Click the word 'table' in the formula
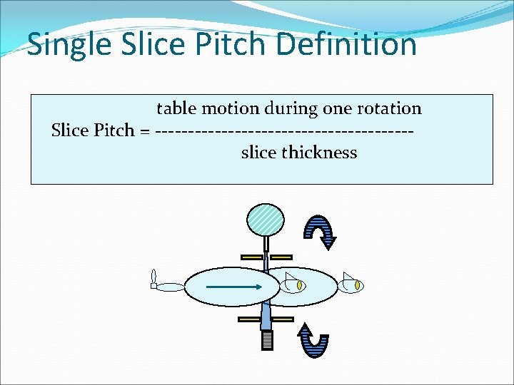click(176, 108)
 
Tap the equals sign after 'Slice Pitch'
click(145, 130)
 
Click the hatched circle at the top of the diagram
click(265, 219)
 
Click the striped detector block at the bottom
click(267, 341)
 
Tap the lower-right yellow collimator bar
click(281, 319)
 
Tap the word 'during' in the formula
click(291, 108)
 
